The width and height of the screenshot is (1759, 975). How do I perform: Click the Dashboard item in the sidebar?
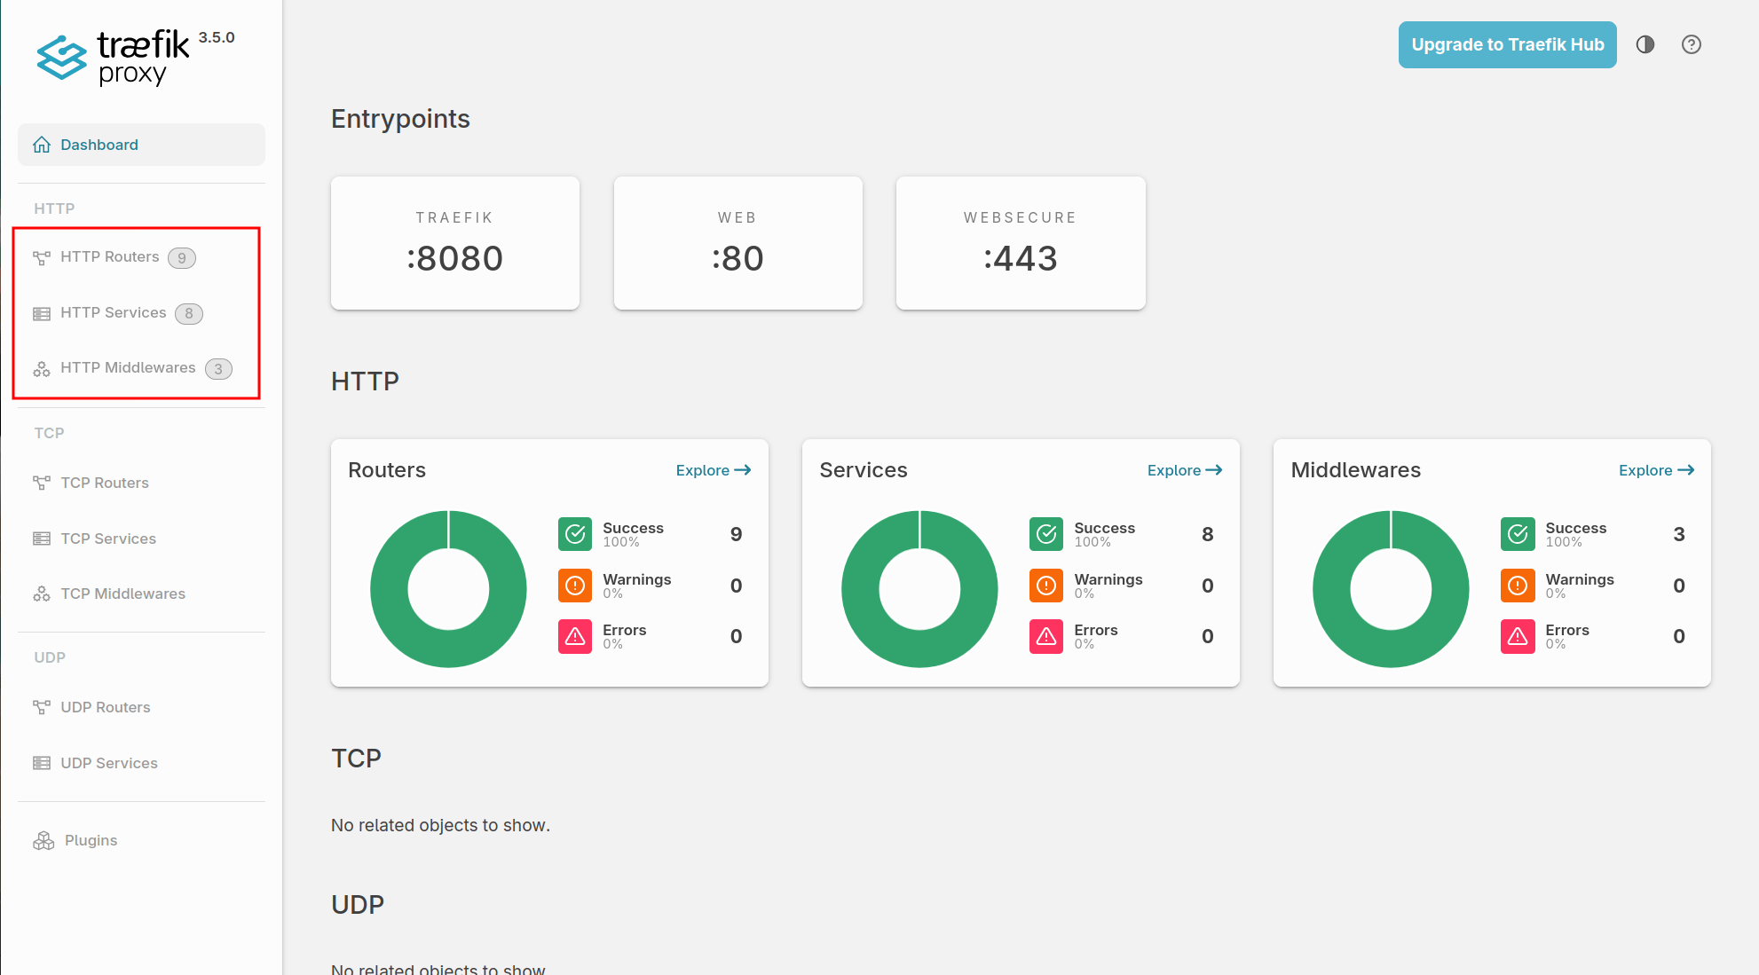[x=99, y=145]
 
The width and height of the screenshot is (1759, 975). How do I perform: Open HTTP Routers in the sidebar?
[x=109, y=257]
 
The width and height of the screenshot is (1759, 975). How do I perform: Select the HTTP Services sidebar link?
[x=113, y=313]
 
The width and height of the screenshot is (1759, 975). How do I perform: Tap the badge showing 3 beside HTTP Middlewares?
[x=218, y=369]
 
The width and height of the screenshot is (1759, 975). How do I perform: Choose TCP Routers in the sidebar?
[x=104, y=483]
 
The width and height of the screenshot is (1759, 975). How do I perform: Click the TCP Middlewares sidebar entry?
[x=122, y=594]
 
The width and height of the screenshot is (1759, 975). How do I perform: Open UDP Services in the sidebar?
[x=108, y=763]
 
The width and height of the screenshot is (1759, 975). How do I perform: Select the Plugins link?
[x=91, y=840]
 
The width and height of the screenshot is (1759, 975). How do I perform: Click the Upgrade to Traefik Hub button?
[x=1507, y=44]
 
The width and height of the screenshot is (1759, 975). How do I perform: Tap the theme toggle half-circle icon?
[x=1645, y=44]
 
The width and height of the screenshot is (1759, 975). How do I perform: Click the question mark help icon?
[x=1692, y=44]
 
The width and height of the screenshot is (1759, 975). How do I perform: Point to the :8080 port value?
[x=455, y=258]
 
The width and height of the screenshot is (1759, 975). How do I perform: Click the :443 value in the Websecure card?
[x=1021, y=258]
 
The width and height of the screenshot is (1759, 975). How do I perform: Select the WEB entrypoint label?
[x=738, y=217]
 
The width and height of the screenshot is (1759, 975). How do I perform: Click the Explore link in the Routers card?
[x=713, y=470]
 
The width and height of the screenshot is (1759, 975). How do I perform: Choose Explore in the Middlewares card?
[x=1656, y=470]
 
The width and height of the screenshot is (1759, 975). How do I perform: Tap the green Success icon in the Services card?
[x=1046, y=534]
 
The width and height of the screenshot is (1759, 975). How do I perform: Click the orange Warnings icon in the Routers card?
[x=575, y=586]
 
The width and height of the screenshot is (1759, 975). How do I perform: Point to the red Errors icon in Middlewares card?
[x=1518, y=636]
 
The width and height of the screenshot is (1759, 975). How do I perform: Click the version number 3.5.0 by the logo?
[x=217, y=37]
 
